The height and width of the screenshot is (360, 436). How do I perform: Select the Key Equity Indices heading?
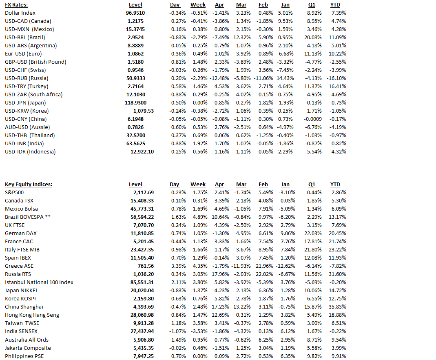[29, 184]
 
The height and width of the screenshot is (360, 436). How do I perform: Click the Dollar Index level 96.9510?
[135, 13]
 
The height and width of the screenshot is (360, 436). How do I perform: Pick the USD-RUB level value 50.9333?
[136, 78]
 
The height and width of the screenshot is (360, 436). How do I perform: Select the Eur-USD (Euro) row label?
[23, 54]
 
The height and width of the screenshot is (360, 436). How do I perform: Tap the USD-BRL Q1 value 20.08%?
[314, 38]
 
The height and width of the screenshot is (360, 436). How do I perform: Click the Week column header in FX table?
[198, 5]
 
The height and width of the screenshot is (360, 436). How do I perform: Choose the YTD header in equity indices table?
[335, 184]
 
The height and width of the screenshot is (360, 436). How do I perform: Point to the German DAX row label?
[21, 233]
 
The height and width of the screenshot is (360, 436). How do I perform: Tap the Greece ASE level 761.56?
[146, 266]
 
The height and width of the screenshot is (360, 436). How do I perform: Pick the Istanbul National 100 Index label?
[39, 282]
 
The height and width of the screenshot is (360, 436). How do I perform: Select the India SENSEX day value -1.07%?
[177, 331]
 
